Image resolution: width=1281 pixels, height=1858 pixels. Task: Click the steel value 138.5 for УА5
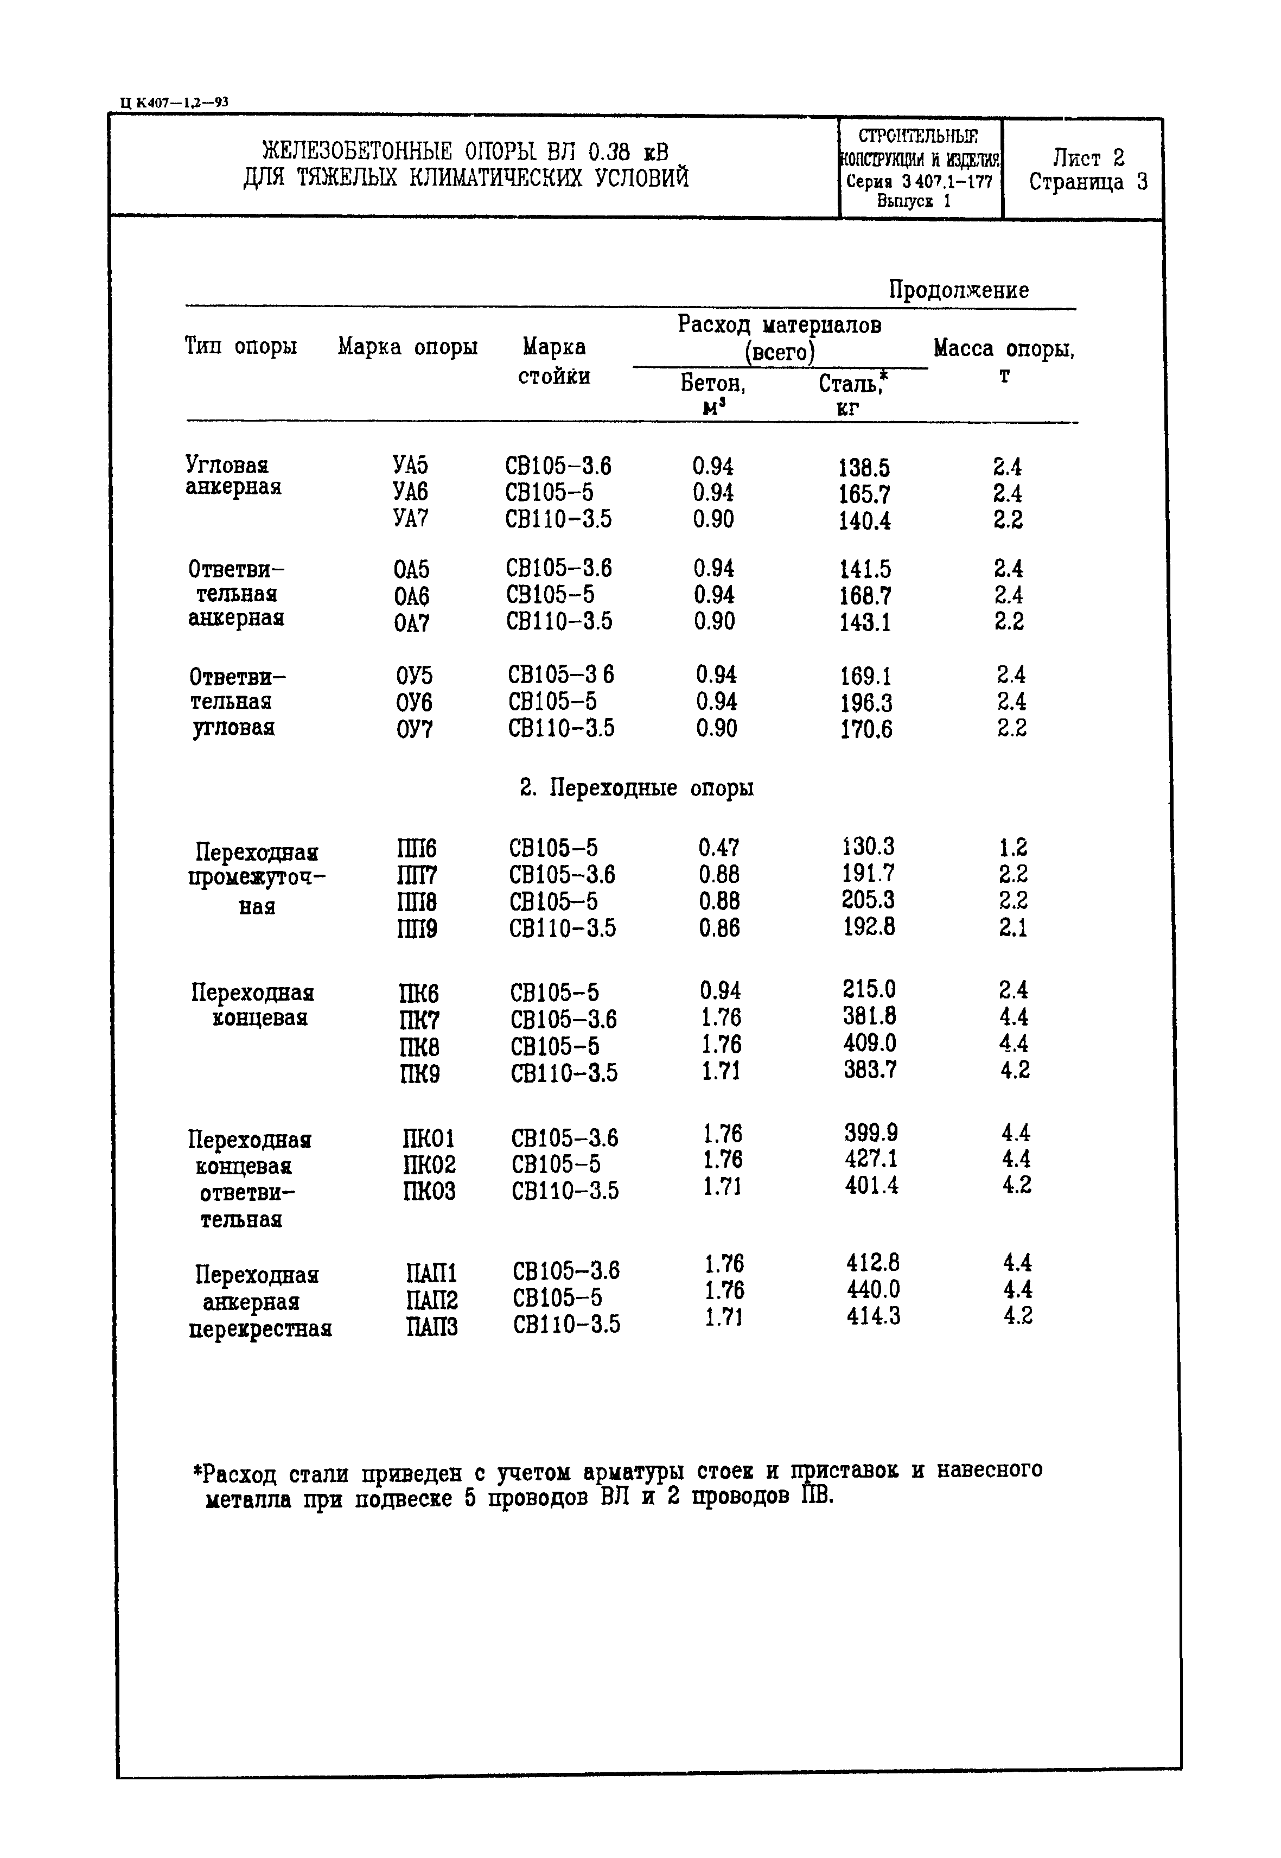(864, 467)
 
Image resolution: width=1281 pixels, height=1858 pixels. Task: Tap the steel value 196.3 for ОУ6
(866, 703)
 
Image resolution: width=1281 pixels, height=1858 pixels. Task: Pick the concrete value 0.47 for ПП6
(718, 848)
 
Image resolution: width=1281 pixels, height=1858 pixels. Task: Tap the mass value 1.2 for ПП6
(1013, 848)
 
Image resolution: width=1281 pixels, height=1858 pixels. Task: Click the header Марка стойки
(554, 361)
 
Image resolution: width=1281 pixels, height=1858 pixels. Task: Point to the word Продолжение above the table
(958, 290)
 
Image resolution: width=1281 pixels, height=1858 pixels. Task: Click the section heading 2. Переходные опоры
(636, 788)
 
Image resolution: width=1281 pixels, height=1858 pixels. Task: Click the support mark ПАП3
(431, 1327)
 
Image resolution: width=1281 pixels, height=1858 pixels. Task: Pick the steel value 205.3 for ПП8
(868, 900)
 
